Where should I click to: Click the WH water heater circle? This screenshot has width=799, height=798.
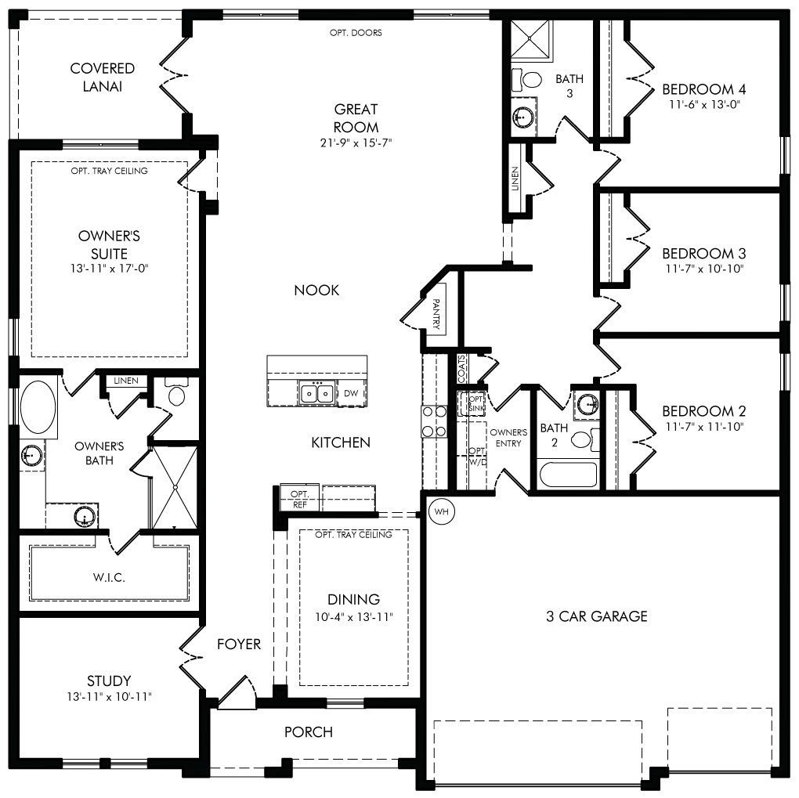click(441, 511)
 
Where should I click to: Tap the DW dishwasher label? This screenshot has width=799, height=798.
click(351, 393)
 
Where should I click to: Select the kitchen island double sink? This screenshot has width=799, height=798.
click(316, 393)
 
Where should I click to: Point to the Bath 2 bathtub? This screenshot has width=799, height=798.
click(568, 475)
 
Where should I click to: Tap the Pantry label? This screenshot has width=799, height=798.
click(436, 313)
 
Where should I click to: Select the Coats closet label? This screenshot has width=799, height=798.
click(461, 368)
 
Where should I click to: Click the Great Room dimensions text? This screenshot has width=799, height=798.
click(356, 143)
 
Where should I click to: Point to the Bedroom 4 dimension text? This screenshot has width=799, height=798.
click(704, 104)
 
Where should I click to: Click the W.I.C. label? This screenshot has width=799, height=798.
click(109, 577)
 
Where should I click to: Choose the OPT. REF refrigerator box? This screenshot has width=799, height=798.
click(299, 498)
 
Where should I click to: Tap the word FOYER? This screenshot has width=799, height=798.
click(238, 644)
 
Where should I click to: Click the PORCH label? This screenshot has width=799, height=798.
click(309, 731)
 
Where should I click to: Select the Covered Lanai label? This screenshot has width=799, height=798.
click(103, 77)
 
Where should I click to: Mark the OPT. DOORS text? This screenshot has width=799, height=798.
click(356, 33)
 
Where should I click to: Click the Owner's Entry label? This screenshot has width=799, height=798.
click(508, 438)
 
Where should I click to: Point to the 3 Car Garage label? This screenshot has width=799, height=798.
click(597, 616)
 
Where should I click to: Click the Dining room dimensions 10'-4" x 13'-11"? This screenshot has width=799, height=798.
click(353, 616)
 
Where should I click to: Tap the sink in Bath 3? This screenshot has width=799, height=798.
click(522, 117)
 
